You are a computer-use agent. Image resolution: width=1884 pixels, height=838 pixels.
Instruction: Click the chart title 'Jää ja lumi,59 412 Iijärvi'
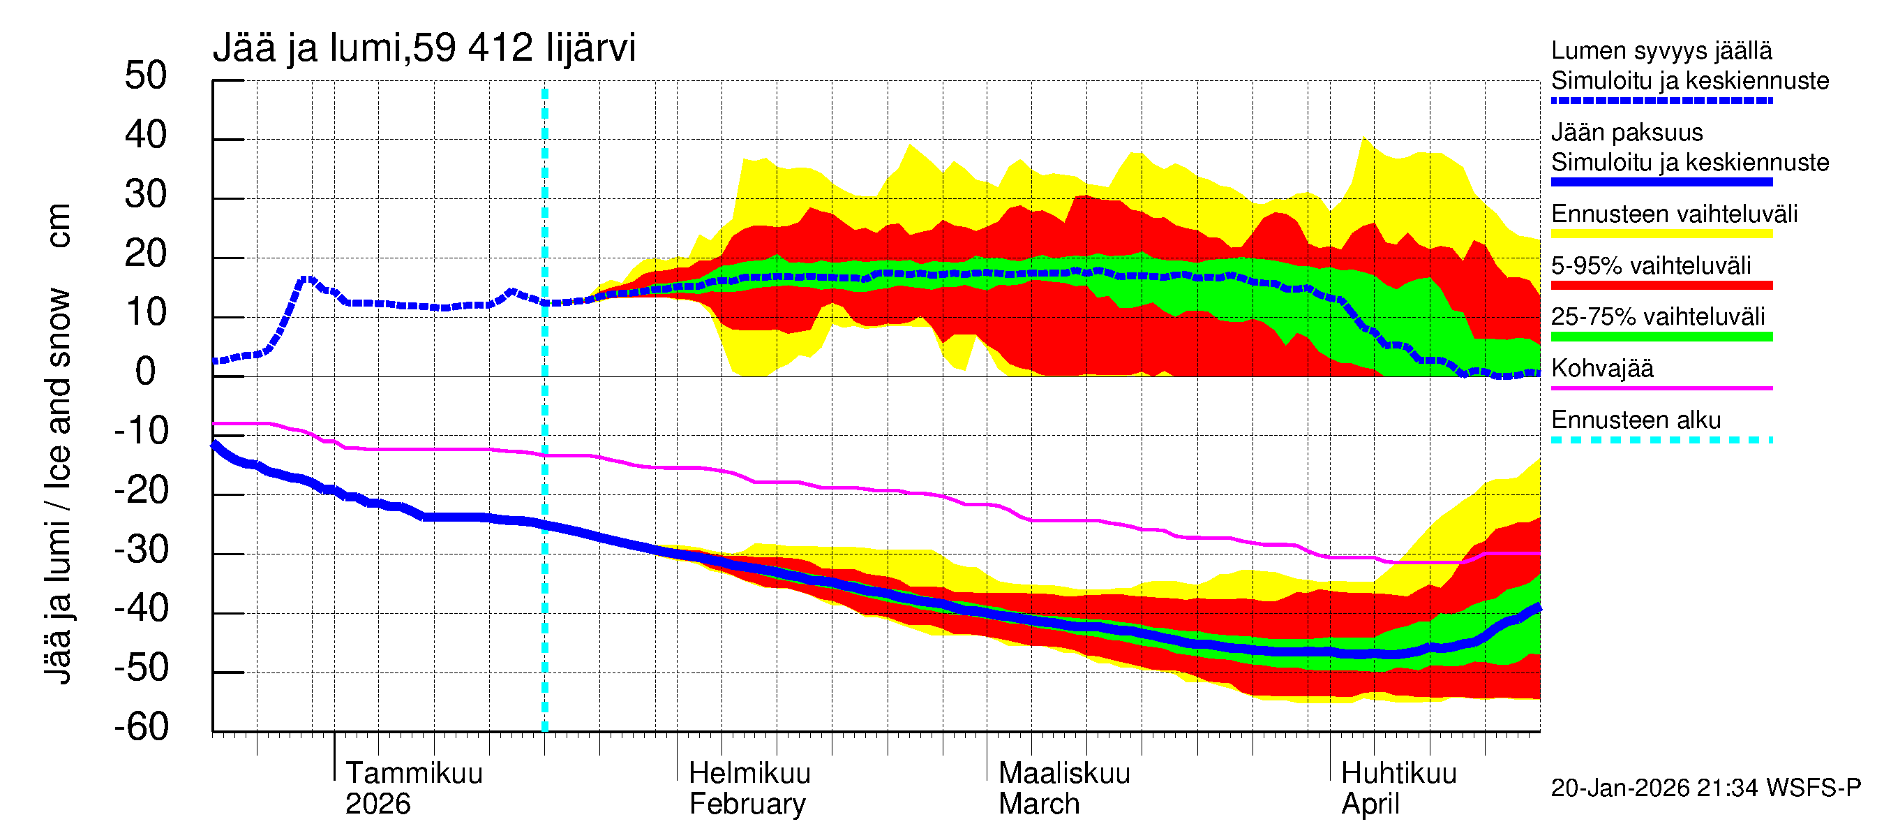[x=424, y=48]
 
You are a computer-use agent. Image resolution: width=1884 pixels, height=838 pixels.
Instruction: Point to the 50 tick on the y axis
[x=146, y=76]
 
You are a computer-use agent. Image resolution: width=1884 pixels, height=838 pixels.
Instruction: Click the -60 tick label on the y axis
[x=141, y=728]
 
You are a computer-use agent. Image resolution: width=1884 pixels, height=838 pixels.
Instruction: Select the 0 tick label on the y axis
[x=146, y=372]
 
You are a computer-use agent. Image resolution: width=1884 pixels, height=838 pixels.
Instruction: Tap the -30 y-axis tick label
[x=141, y=550]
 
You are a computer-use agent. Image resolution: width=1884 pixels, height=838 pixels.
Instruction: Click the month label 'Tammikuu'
[x=414, y=774]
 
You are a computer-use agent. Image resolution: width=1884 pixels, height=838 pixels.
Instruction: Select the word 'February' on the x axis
[x=747, y=804]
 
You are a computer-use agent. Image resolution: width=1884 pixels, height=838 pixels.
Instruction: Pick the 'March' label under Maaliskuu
[x=1038, y=804]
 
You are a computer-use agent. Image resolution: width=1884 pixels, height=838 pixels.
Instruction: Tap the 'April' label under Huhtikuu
[x=1370, y=804]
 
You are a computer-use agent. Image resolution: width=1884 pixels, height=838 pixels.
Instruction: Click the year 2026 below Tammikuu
[x=377, y=804]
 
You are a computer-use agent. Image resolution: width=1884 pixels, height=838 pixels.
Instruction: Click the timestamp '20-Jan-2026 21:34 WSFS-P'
[x=1705, y=788]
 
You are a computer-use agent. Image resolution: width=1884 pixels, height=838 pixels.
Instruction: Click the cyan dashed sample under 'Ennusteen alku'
[x=1661, y=440]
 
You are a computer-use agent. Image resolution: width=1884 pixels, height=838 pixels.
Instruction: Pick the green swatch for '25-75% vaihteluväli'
[x=1661, y=337]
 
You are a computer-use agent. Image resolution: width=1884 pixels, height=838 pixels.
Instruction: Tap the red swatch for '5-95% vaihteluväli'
[x=1661, y=286]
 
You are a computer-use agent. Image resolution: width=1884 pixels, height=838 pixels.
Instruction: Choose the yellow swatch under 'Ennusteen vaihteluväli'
[x=1661, y=233]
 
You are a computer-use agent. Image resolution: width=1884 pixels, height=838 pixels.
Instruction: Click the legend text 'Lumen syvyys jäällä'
[x=1661, y=51]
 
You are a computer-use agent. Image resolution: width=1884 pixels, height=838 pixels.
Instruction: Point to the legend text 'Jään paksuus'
[x=1627, y=133]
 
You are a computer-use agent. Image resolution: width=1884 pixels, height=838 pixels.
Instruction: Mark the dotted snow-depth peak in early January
[x=307, y=279]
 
